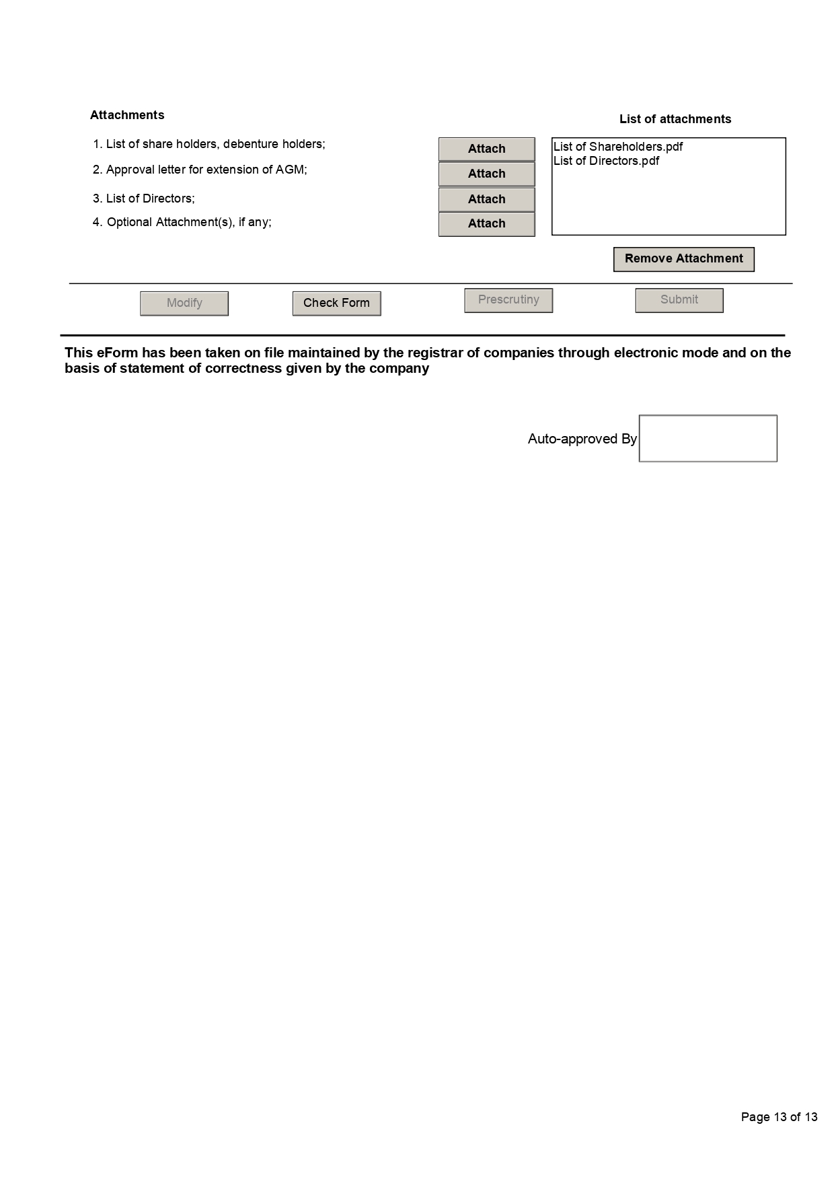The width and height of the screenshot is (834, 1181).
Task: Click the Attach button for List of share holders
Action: (x=486, y=149)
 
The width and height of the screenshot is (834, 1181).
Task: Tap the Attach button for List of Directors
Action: (x=486, y=199)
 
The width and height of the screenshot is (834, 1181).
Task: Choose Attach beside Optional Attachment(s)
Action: (x=486, y=223)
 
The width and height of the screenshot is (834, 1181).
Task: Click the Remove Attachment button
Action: (x=683, y=259)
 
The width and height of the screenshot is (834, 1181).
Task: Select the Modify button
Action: (x=184, y=303)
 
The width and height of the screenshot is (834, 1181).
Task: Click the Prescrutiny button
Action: (x=508, y=300)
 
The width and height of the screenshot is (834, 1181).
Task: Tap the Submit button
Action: (x=679, y=300)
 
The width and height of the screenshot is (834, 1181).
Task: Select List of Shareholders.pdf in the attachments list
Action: (x=618, y=147)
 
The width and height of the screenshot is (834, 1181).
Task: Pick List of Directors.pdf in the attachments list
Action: (x=606, y=161)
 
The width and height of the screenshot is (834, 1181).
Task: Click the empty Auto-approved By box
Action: (x=708, y=438)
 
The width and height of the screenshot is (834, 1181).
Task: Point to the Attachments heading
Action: (x=127, y=115)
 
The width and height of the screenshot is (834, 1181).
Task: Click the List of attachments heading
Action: (x=675, y=119)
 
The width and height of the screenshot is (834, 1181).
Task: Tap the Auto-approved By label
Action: (x=582, y=439)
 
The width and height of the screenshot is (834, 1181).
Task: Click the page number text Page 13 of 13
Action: (x=779, y=1117)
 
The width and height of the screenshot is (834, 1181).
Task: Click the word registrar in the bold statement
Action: (x=434, y=353)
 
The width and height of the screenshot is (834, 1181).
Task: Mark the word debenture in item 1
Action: (x=250, y=144)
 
